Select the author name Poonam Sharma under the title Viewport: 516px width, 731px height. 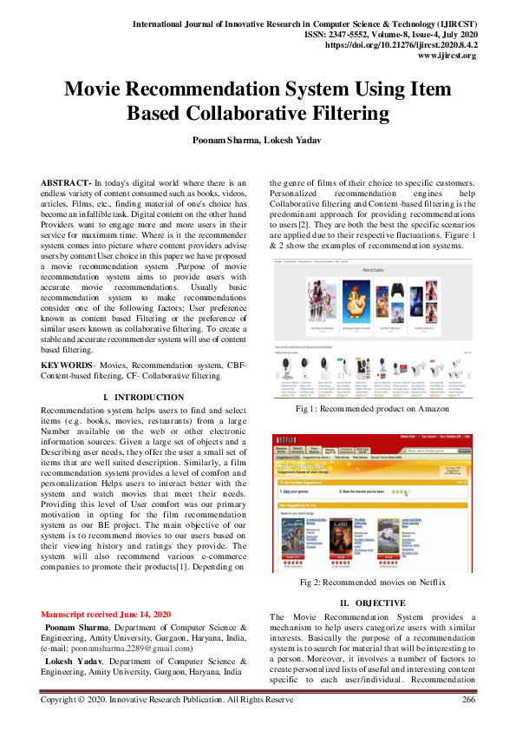(x=222, y=140)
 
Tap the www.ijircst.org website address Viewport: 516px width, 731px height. (x=447, y=54)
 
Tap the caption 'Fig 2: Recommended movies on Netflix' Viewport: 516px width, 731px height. (x=372, y=582)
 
